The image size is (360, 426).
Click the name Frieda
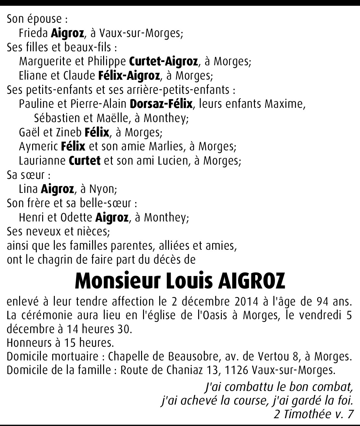pyautogui.click(x=33, y=33)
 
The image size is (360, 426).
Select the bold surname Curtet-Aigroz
pyautogui.click(x=163, y=61)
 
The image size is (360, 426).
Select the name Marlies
pyautogui.click(x=165, y=146)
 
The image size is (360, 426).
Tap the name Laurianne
pyautogui.click(x=42, y=161)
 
